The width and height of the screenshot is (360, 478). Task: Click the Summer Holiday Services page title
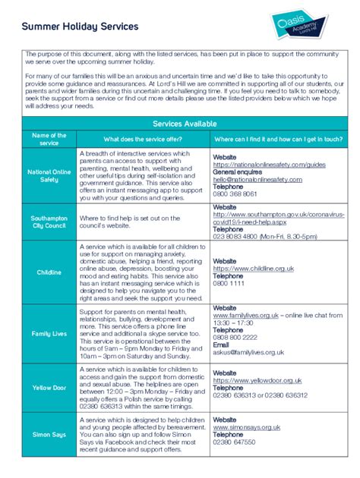click(80, 27)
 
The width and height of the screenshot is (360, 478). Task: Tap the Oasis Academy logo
click(302, 28)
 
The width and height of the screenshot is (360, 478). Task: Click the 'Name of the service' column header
click(49, 140)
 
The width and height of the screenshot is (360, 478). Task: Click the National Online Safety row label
click(49, 176)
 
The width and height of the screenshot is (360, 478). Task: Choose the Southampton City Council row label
click(49, 222)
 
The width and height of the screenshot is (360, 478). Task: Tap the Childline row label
click(49, 272)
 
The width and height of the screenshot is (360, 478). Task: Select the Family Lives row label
click(49, 334)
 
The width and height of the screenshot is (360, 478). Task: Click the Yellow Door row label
click(49, 387)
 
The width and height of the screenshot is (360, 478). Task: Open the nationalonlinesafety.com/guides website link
click(269, 164)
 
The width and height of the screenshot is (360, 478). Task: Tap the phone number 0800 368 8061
click(235, 194)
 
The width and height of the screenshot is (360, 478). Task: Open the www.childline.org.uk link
click(254, 269)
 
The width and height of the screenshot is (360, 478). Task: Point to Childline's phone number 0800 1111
click(229, 283)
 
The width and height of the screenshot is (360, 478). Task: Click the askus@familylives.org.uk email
click(248, 352)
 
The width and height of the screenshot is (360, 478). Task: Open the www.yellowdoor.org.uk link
click(260, 382)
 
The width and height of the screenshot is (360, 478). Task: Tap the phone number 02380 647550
click(234, 442)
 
